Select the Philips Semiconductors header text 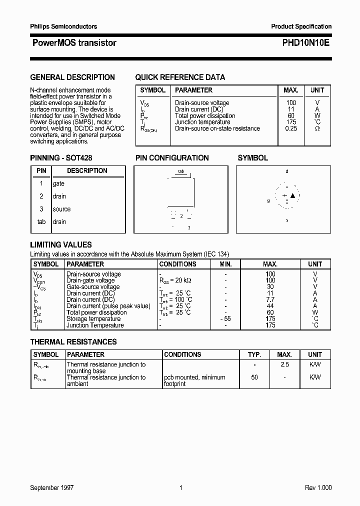pyautogui.click(x=63, y=26)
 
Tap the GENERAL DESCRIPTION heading pyautogui.click(x=72, y=77)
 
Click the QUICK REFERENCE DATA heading pyautogui.click(x=180, y=77)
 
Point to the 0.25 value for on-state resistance pyautogui.click(x=290, y=128)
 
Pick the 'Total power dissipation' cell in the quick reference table pyautogui.click(x=205, y=115)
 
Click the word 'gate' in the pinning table pyautogui.click(x=58, y=183)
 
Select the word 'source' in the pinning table pyautogui.click(x=61, y=209)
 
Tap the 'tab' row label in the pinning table pyautogui.click(x=41, y=221)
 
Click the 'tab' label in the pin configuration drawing pyautogui.click(x=181, y=171)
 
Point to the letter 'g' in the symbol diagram pyautogui.click(x=268, y=200)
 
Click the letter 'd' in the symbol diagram pyautogui.click(x=286, y=171)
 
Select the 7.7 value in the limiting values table pyautogui.click(x=270, y=299)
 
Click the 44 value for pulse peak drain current pyautogui.click(x=270, y=306)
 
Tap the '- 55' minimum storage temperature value pyautogui.click(x=225, y=319)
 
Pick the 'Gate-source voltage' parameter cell pyautogui.click(x=93, y=287)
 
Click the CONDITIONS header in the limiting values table pyautogui.click(x=177, y=264)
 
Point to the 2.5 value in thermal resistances pyautogui.click(x=285, y=365)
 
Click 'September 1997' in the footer pyautogui.click(x=52, y=488)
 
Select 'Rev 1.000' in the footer pyautogui.click(x=318, y=488)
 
